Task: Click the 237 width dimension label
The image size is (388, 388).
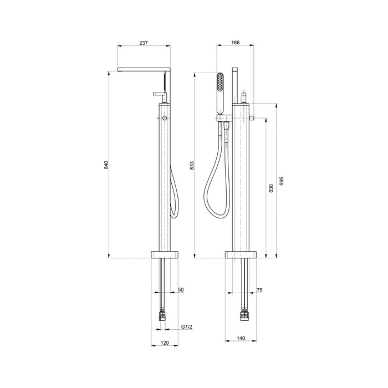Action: point(143,43)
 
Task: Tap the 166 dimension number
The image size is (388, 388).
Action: point(236,43)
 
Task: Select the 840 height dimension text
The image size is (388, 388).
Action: point(106,165)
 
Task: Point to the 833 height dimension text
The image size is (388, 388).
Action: point(192,165)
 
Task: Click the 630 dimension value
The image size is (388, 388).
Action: point(271,188)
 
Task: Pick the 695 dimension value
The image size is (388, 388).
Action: point(282,181)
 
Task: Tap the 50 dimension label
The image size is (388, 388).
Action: point(181,289)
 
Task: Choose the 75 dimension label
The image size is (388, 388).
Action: point(259,290)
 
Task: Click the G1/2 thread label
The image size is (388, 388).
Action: point(187,327)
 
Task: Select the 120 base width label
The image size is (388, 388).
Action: point(165,343)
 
